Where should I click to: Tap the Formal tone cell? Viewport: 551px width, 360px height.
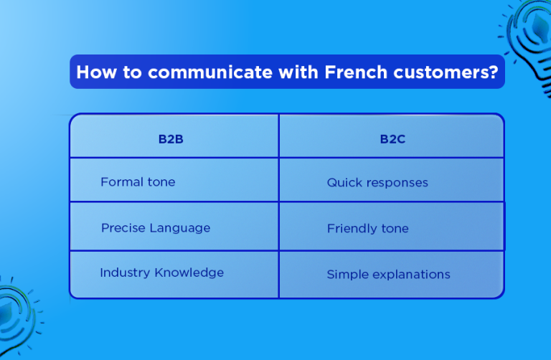[x=138, y=181]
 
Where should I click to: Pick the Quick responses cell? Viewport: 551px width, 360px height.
[x=377, y=182]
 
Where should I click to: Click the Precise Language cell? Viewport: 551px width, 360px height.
[x=156, y=228]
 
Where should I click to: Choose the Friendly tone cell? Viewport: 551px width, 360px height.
[x=367, y=229]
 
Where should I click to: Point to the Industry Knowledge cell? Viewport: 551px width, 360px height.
[x=161, y=273]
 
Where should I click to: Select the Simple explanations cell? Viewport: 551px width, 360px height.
[x=388, y=274]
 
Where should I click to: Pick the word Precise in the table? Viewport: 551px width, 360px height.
[x=123, y=228]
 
